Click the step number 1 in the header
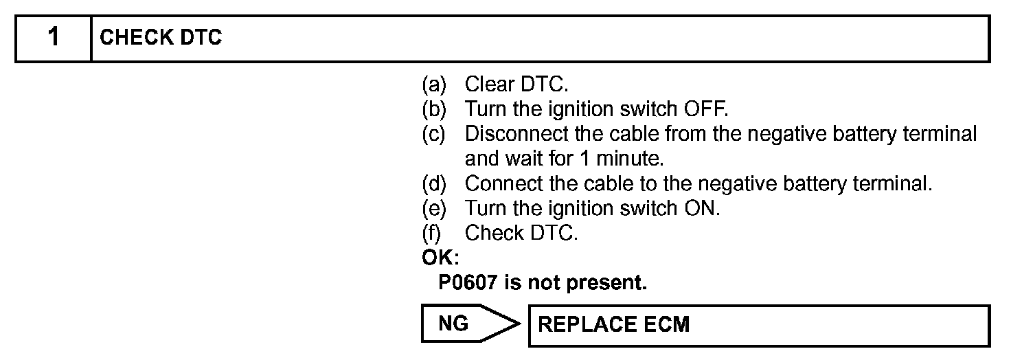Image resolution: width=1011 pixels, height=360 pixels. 53,38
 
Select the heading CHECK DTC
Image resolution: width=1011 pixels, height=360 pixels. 161,38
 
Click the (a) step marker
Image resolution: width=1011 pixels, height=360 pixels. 433,85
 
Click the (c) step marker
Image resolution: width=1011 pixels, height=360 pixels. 433,134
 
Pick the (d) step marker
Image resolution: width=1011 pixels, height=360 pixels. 433,183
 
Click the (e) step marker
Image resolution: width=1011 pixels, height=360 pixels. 433,208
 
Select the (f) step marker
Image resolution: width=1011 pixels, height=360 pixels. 431,233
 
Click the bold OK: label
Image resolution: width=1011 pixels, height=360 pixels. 440,258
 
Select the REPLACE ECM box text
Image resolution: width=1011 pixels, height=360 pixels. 613,324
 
